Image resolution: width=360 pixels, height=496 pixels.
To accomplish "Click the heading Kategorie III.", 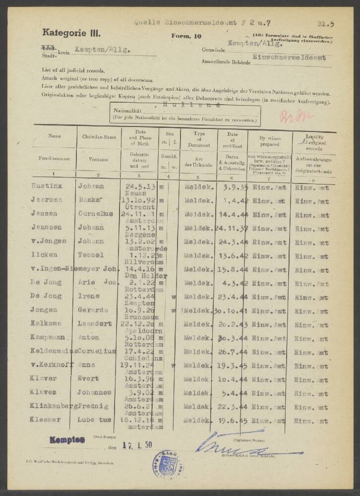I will [71, 33].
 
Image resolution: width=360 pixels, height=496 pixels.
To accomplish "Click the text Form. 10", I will [186, 36].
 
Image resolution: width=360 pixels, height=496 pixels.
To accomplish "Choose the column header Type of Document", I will [199, 137].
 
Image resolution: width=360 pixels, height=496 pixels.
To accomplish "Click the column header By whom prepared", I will [270, 137].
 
